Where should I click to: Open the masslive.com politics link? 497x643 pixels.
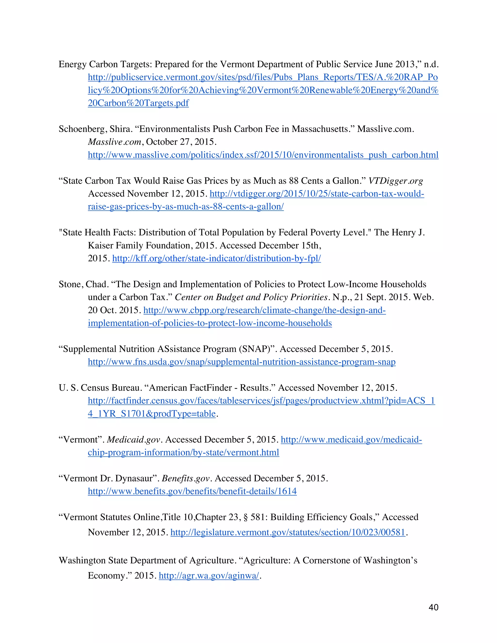click(x=263, y=155)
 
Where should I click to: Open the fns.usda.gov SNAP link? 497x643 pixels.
click(x=241, y=362)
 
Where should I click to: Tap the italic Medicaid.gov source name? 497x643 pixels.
click(x=134, y=440)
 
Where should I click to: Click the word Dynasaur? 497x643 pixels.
click(x=135, y=479)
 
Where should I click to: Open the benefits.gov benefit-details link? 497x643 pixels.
click(x=192, y=492)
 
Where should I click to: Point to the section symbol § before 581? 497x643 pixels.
click(x=246, y=518)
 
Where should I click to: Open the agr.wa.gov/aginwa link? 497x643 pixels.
click(x=209, y=576)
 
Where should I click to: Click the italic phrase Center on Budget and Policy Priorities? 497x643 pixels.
click(x=251, y=297)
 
